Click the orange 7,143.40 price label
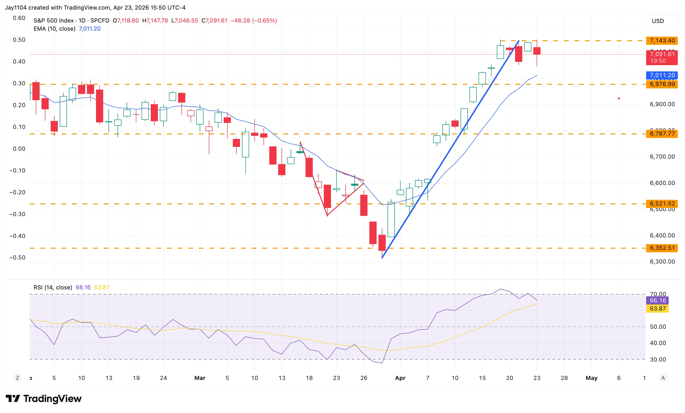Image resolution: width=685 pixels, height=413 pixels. coord(662,40)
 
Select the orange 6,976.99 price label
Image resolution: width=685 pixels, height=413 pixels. coord(662,84)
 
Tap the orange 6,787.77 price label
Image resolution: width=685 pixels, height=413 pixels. coord(662,134)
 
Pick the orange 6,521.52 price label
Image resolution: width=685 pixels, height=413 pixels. coord(662,204)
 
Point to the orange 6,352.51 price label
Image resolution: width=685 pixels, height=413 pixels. coord(662,248)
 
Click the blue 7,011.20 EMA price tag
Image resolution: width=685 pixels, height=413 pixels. coord(662,75)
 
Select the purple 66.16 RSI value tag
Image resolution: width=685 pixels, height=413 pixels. coord(657,300)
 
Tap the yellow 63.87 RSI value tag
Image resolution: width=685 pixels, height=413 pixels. coord(657,309)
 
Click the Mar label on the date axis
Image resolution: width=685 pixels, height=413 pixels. coord(200,378)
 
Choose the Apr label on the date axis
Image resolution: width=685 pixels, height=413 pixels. coord(400,378)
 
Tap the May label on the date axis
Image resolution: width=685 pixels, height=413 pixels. coord(591,378)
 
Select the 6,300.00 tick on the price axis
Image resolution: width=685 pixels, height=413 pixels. coord(662,261)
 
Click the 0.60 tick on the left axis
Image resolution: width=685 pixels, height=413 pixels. coord(19,18)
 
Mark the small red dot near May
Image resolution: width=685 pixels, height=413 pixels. coord(619,98)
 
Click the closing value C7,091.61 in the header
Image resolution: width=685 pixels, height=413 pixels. coord(214,21)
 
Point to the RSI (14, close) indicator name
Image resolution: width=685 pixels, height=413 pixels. coord(53,287)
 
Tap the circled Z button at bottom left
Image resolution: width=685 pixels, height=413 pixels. coord(18,378)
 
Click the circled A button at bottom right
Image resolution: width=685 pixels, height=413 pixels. coord(663,378)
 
